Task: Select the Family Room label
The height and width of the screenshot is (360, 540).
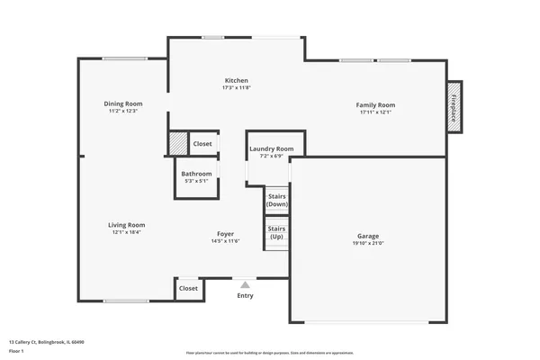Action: coord(377,104)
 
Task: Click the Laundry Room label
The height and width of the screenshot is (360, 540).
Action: coord(271,148)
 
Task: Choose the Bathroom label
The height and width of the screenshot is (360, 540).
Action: coord(196,173)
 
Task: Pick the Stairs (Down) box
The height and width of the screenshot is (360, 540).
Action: coord(276,200)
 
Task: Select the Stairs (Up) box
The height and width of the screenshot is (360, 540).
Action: coord(276,232)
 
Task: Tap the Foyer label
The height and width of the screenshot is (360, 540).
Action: coord(225,233)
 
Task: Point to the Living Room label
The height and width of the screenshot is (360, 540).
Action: coord(127,225)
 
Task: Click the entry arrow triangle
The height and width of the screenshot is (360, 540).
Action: coord(245,284)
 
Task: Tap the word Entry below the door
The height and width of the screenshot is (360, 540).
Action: coord(245,295)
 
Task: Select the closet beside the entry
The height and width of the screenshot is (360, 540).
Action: coord(188,288)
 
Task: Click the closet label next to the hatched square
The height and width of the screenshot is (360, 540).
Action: coord(202,144)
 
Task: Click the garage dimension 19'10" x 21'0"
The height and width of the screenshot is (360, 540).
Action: coord(368,243)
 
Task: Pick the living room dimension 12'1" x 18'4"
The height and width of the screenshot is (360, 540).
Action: coord(127,232)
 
